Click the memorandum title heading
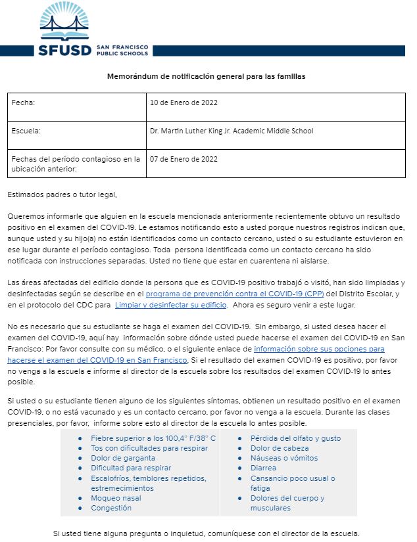206,76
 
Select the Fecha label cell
24,103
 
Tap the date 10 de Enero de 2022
184,103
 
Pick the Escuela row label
27,131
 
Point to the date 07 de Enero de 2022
184,159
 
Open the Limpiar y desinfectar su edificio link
171,305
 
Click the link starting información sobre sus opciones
319,349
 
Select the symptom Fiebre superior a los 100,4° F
153,438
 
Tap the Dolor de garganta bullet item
123,458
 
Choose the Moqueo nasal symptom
115,498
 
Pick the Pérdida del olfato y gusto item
295,438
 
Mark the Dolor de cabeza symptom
279,448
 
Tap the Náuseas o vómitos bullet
283,458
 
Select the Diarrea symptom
263,468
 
